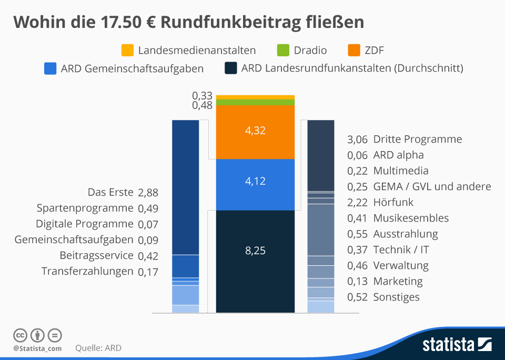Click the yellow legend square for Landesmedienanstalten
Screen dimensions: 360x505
coord(127,51)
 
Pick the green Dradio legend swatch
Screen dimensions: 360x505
coord(283,51)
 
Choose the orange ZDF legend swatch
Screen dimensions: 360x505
coord(355,51)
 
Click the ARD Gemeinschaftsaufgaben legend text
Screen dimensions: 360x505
coord(132,68)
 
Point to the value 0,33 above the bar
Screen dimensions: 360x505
coord(202,96)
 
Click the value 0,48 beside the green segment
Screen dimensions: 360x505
coord(202,105)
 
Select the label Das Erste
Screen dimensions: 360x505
coord(110,192)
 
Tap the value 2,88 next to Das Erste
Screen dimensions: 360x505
coord(148,193)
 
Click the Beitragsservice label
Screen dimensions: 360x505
coord(96,256)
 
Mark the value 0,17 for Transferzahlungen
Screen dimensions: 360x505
coord(148,272)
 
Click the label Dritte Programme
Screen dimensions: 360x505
coord(417,139)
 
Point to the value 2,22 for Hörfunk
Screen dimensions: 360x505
coord(357,203)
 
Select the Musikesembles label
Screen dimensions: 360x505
coord(411,218)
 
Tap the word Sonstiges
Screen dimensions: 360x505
coord(396,297)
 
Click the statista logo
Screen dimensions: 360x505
coord(457,345)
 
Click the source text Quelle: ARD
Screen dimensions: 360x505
coord(98,348)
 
